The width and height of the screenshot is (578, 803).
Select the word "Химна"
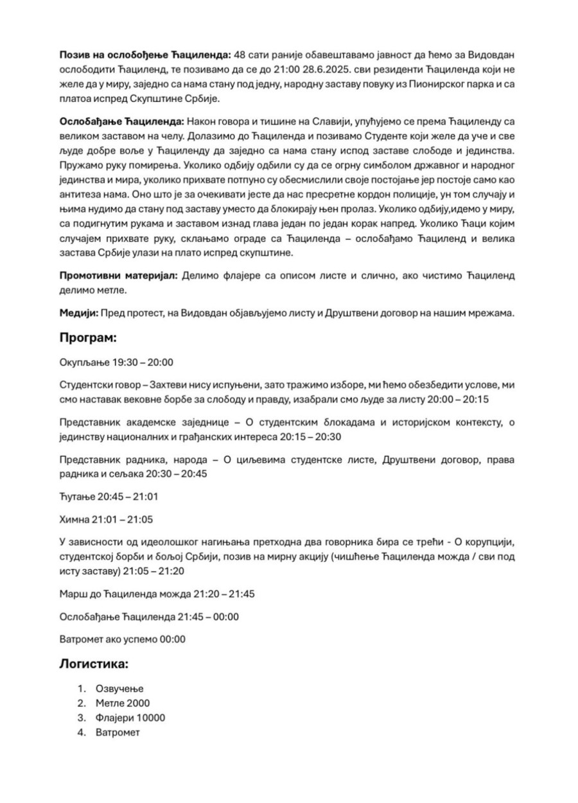(74, 519)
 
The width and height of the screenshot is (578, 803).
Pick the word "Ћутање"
(76, 496)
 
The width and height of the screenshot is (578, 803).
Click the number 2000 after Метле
(138, 703)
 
